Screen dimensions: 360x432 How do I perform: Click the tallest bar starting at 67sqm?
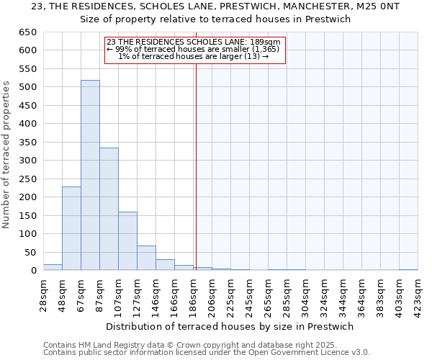90,176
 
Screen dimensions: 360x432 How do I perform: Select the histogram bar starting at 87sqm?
109,209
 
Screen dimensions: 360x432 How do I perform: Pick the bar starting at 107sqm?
127,241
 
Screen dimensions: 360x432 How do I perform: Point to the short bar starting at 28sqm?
53,267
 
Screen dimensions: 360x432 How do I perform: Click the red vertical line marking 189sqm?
196,166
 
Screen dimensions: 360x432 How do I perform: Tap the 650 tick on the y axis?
27,32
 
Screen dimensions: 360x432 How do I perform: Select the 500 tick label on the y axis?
27,87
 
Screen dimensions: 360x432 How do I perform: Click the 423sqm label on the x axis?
418,294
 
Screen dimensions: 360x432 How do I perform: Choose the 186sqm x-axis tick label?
193,294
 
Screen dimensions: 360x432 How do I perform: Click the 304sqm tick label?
305,294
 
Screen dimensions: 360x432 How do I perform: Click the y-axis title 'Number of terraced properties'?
6,155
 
